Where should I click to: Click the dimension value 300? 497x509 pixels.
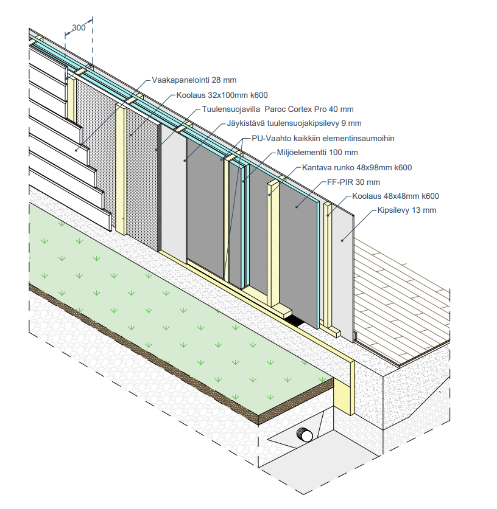click(78, 27)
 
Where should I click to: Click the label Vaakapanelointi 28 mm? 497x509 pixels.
click(194, 80)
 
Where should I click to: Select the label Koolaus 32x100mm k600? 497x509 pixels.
click(222, 95)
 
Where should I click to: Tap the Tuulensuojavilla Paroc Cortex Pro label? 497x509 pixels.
click(277, 110)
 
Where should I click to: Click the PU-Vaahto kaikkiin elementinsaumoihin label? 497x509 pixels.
click(323, 139)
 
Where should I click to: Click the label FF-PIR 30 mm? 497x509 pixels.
click(353, 182)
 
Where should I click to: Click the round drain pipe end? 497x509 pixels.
click(303, 435)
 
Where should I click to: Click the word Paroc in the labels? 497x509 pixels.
click(276, 110)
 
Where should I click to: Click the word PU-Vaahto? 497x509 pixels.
click(270, 139)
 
